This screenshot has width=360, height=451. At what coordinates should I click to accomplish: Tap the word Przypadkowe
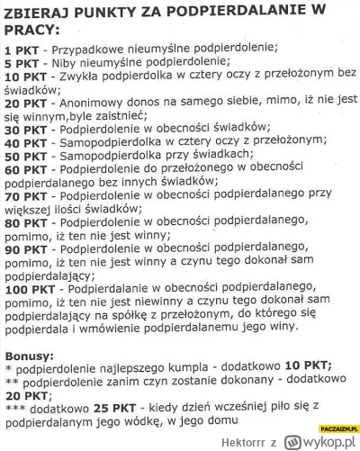tap(91, 50)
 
